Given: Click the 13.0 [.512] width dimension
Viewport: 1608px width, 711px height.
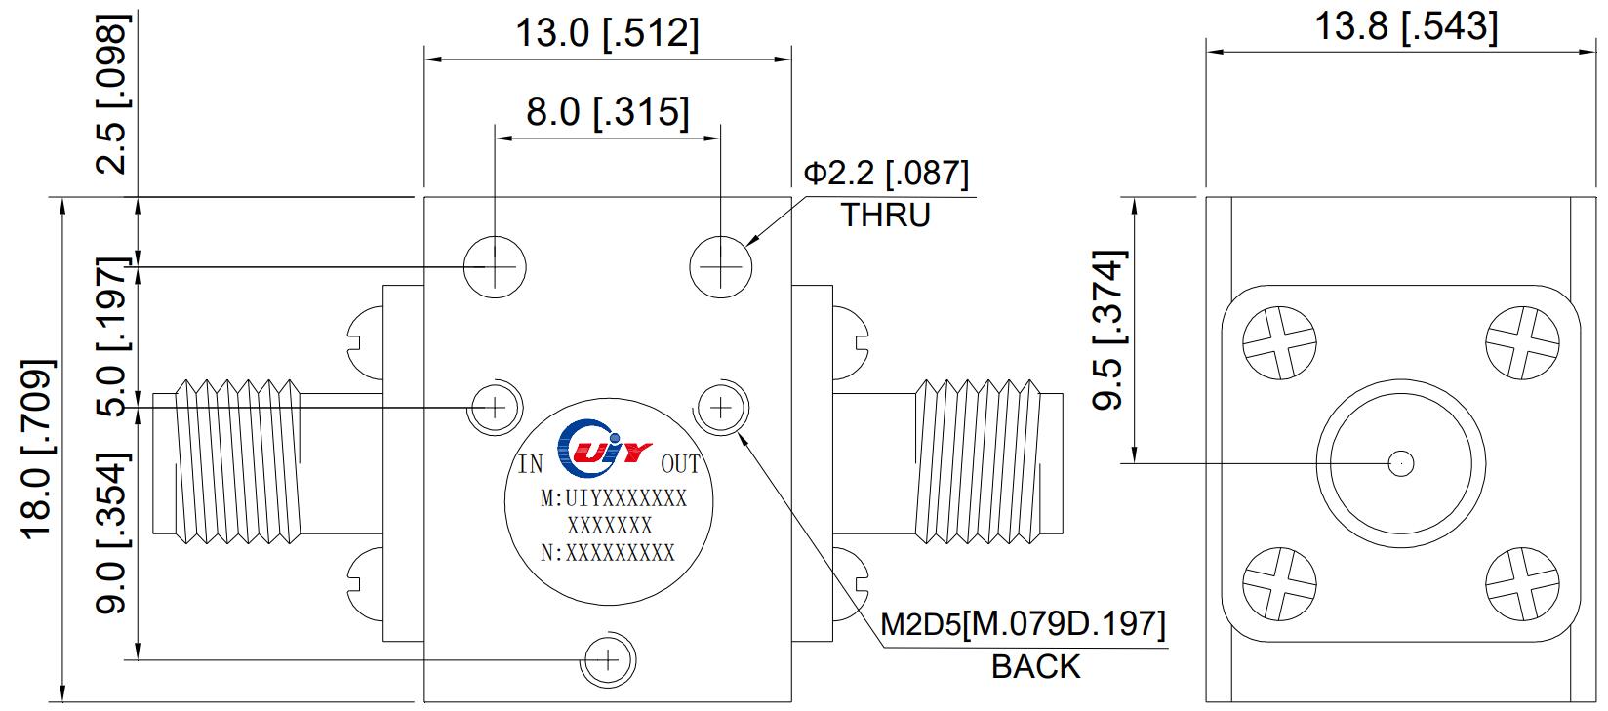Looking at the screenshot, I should tap(607, 33).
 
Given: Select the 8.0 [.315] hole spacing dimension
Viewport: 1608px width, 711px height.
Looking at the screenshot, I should tap(607, 111).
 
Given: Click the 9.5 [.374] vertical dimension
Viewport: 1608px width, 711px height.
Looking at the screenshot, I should tap(1109, 331).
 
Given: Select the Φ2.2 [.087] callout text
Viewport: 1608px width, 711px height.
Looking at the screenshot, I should tap(886, 174).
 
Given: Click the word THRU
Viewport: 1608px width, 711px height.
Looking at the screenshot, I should tap(886, 215).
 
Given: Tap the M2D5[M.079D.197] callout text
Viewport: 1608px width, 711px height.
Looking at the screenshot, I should tap(1023, 624).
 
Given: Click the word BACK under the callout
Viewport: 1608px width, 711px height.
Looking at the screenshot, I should tap(1036, 667).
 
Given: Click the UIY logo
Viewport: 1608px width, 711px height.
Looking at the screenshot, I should tap(602, 451).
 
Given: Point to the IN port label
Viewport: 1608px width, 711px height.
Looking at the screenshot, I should tap(530, 464).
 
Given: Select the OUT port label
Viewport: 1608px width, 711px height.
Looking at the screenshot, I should tap(680, 464).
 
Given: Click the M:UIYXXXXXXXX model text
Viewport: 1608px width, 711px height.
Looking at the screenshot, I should tap(613, 499).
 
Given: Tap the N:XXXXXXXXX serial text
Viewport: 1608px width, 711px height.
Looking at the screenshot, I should tap(608, 553).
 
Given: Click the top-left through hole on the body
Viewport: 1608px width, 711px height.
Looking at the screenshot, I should tap(495, 264).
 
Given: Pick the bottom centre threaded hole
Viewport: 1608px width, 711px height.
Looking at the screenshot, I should tap(608, 658).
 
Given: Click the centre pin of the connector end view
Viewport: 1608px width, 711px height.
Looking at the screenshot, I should tap(1401, 463).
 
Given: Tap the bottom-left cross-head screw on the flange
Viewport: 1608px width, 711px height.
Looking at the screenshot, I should tap(1278, 582).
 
